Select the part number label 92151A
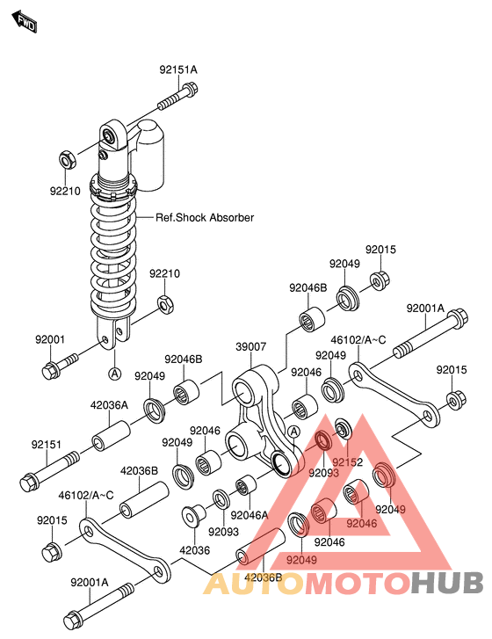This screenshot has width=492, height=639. coord(178,69)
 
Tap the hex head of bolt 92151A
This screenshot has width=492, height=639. coord(190,89)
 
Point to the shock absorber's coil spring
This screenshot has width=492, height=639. coord(113,255)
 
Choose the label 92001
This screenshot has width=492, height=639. coord(51,340)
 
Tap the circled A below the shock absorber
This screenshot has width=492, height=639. coord(113,374)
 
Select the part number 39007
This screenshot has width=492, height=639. coord(250,348)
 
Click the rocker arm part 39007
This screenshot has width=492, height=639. coord(259,422)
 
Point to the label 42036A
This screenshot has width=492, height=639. coord(110,405)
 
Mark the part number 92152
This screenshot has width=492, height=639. coord(346,461)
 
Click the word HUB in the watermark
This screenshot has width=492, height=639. coord(447,582)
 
